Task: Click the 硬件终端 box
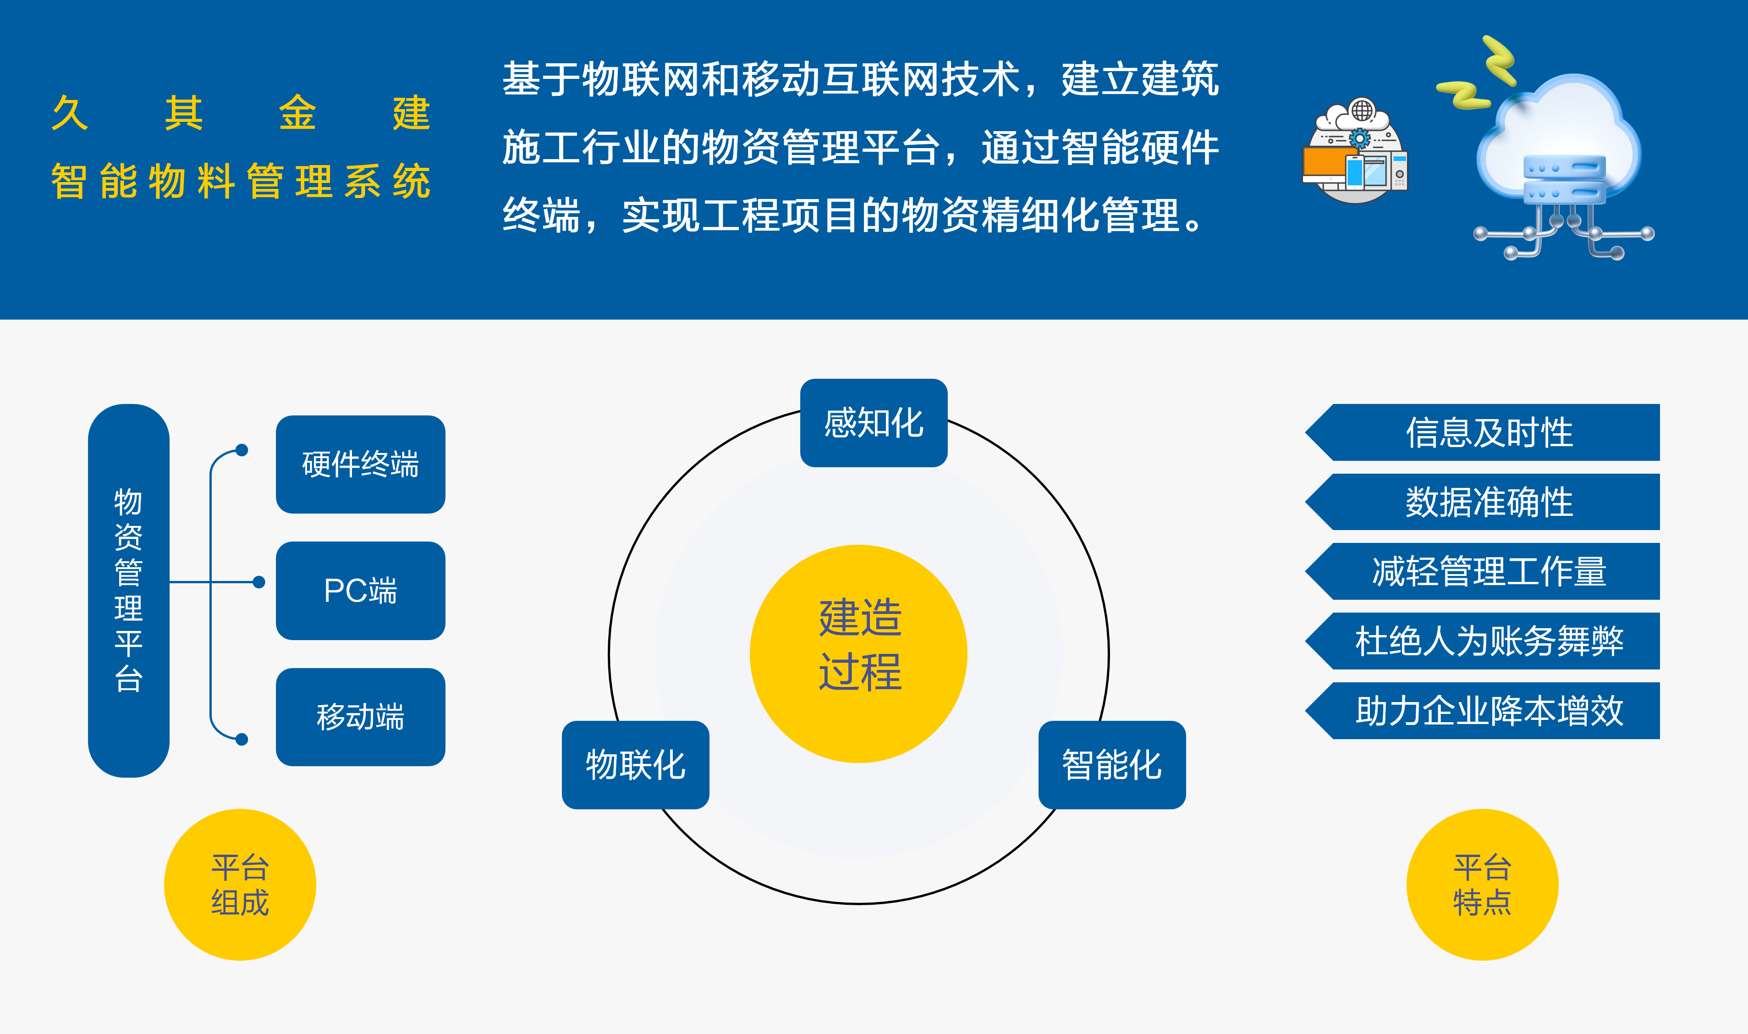tap(360, 464)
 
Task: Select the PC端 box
tap(360, 591)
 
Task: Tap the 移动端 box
tap(360, 717)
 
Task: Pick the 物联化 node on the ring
tap(636, 765)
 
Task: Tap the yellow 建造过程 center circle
tap(859, 653)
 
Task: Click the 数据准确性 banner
tap(1483, 502)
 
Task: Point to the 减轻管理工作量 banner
tap(1483, 571)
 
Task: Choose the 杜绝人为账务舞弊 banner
tap(1483, 641)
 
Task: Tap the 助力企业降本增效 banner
tap(1483, 711)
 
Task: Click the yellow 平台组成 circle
tap(240, 885)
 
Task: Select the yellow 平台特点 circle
tap(1483, 885)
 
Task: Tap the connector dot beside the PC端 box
tap(259, 582)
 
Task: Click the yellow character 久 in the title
tap(70, 113)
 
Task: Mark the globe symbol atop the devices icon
tap(1362, 110)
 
